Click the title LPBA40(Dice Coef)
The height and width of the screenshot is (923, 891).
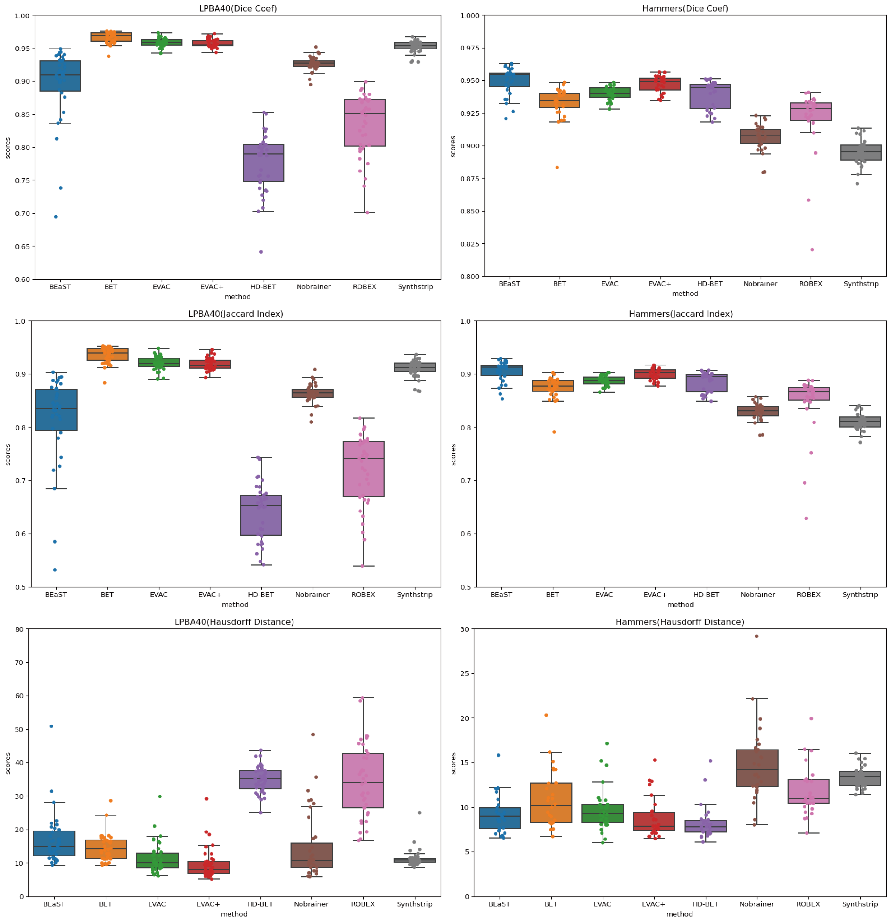click(238, 9)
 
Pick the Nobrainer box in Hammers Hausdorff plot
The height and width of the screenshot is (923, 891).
click(756, 768)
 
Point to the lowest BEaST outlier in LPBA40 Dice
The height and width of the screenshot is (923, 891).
click(56, 217)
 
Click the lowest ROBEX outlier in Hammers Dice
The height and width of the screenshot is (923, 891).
click(812, 250)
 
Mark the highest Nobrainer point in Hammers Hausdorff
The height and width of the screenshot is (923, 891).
click(756, 636)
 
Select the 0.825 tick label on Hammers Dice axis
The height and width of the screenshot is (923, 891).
click(469, 244)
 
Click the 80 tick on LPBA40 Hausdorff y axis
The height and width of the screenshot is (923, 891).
click(19, 629)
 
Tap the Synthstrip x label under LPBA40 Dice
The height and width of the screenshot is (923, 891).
click(415, 287)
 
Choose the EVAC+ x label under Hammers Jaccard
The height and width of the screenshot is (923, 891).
click(655, 594)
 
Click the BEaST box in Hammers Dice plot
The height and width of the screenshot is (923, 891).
click(509, 80)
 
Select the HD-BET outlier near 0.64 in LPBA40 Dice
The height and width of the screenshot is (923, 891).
click(261, 252)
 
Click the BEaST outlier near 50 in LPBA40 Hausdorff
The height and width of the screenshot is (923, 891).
click(51, 726)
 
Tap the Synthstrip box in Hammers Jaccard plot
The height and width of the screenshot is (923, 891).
click(860, 422)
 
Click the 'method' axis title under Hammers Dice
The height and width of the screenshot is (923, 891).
click(685, 294)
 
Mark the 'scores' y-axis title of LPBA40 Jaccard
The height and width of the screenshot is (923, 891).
click(8, 454)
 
